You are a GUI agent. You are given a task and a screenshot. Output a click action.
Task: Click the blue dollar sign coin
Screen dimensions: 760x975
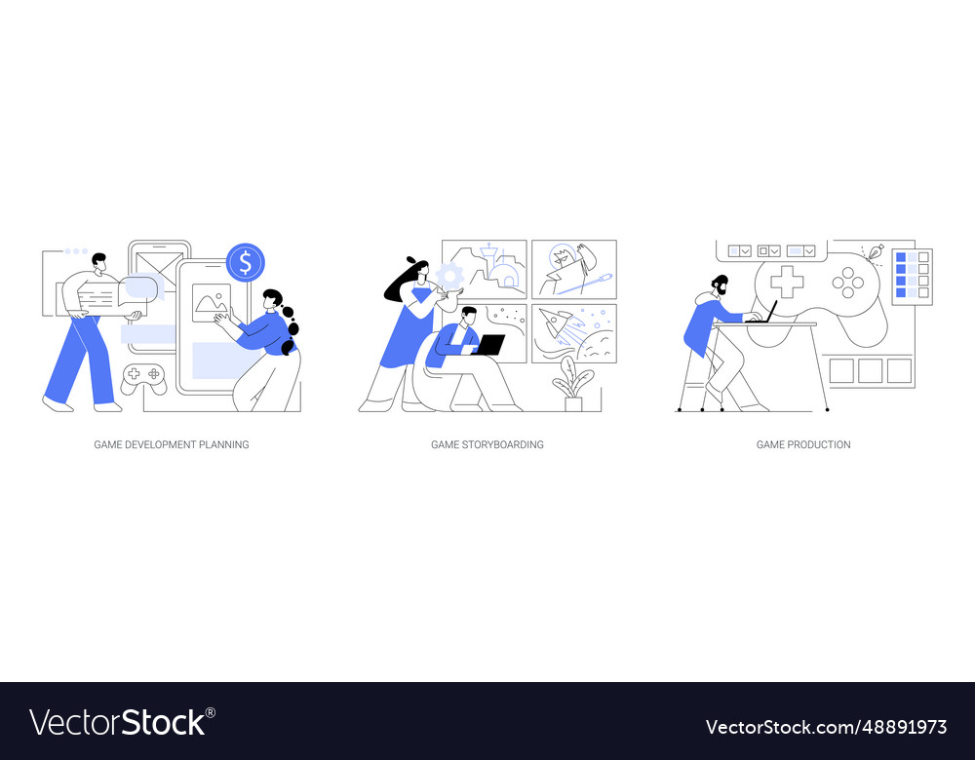pos(245,262)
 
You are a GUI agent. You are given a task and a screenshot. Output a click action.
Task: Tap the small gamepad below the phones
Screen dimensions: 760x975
pos(143,378)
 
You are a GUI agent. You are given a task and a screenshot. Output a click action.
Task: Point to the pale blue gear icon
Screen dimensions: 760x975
pos(449,276)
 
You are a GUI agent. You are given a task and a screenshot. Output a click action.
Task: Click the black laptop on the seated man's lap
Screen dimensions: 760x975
pos(487,345)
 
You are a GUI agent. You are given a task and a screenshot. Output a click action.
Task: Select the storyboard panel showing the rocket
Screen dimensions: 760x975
pos(573,332)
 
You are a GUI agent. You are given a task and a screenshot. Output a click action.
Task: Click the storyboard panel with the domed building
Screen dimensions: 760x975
pos(485,269)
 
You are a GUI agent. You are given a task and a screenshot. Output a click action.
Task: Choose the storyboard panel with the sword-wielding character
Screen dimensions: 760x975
pos(573,269)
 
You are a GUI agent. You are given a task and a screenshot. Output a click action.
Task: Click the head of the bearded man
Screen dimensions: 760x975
pos(720,286)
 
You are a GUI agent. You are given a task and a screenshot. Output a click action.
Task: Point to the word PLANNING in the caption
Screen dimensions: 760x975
pos(223,444)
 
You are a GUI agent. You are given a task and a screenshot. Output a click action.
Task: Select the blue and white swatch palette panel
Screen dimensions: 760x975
pos(912,275)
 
